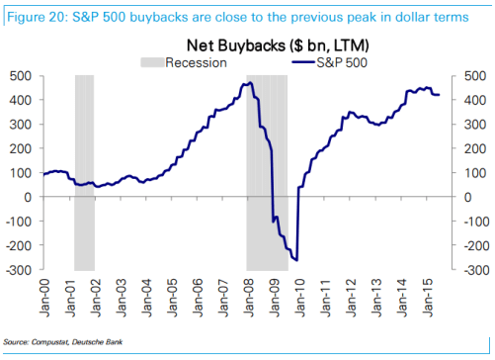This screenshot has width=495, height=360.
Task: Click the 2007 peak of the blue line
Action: pos(248,83)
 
